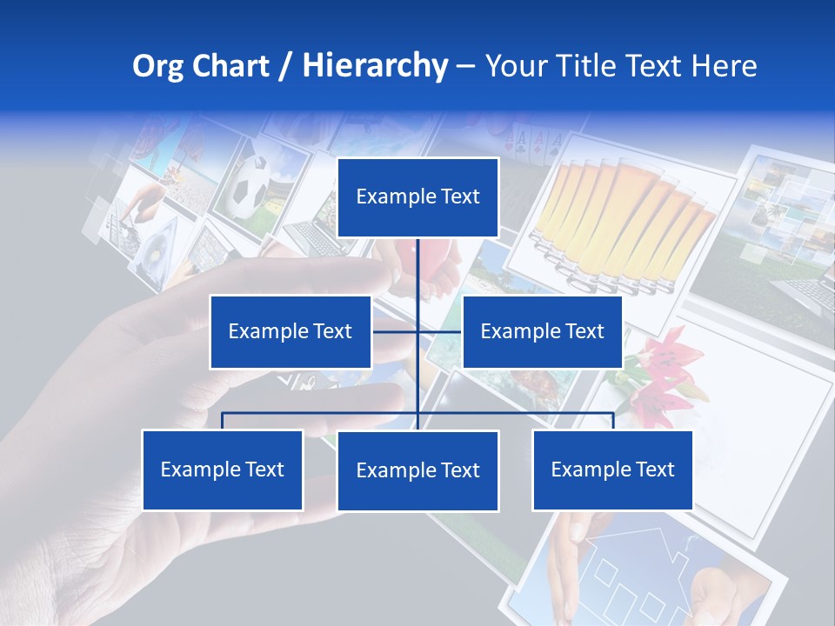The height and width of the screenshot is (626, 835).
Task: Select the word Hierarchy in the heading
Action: click(x=375, y=66)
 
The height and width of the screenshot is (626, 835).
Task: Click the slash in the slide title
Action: click(x=286, y=67)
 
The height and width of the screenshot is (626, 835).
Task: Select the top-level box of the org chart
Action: click(x=417, y=197)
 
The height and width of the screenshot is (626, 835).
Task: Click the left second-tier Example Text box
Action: click(x=290, y=331)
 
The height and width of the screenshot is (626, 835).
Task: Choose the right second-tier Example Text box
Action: click(x=542, y=331)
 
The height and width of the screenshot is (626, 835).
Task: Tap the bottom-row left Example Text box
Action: click(x=222, y=469)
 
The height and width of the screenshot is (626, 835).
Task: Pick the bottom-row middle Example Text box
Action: click(x=417, y=470)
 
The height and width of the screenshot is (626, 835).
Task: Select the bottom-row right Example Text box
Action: click(x=612, y=469)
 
